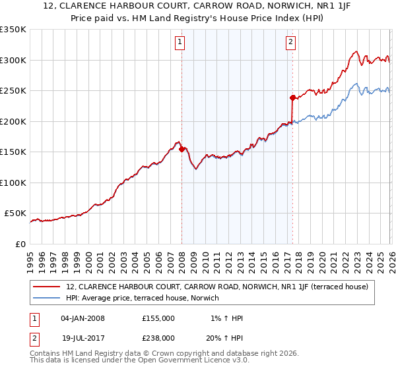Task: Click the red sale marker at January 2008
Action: (181, 149)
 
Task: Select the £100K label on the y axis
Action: (13, 183)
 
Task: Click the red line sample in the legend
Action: (47, 287)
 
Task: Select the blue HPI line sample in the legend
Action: (47, 298)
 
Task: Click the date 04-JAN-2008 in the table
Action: (82, 318)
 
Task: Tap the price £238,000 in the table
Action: (158, 337)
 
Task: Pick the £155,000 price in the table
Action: (158, 318)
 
